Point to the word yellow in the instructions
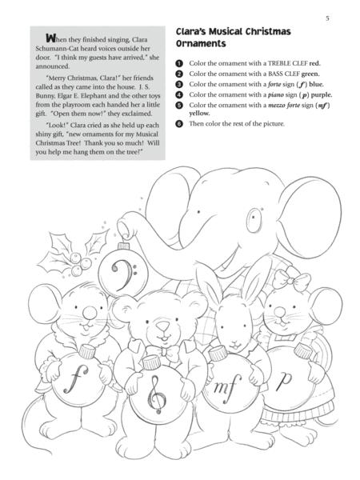pos(198,114)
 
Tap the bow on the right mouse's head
pos(300,284)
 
